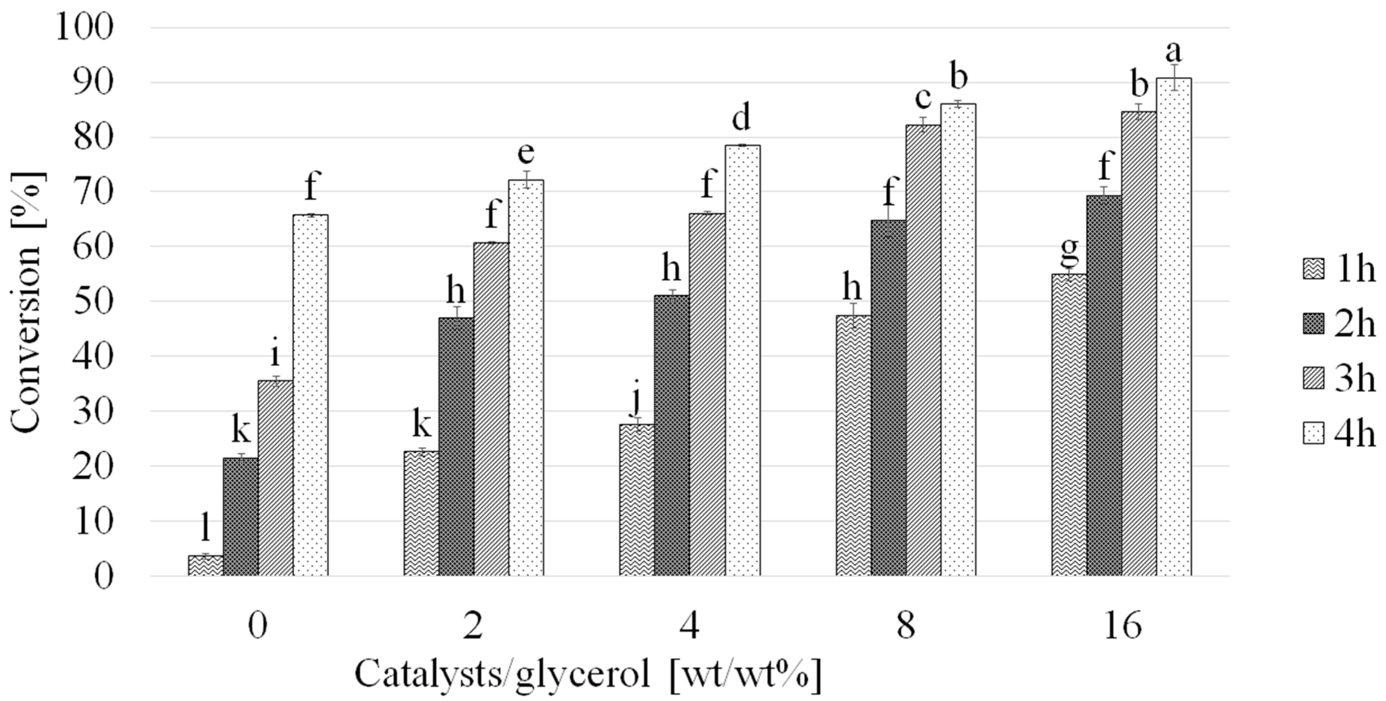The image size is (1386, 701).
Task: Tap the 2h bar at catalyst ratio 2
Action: (456, 446)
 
